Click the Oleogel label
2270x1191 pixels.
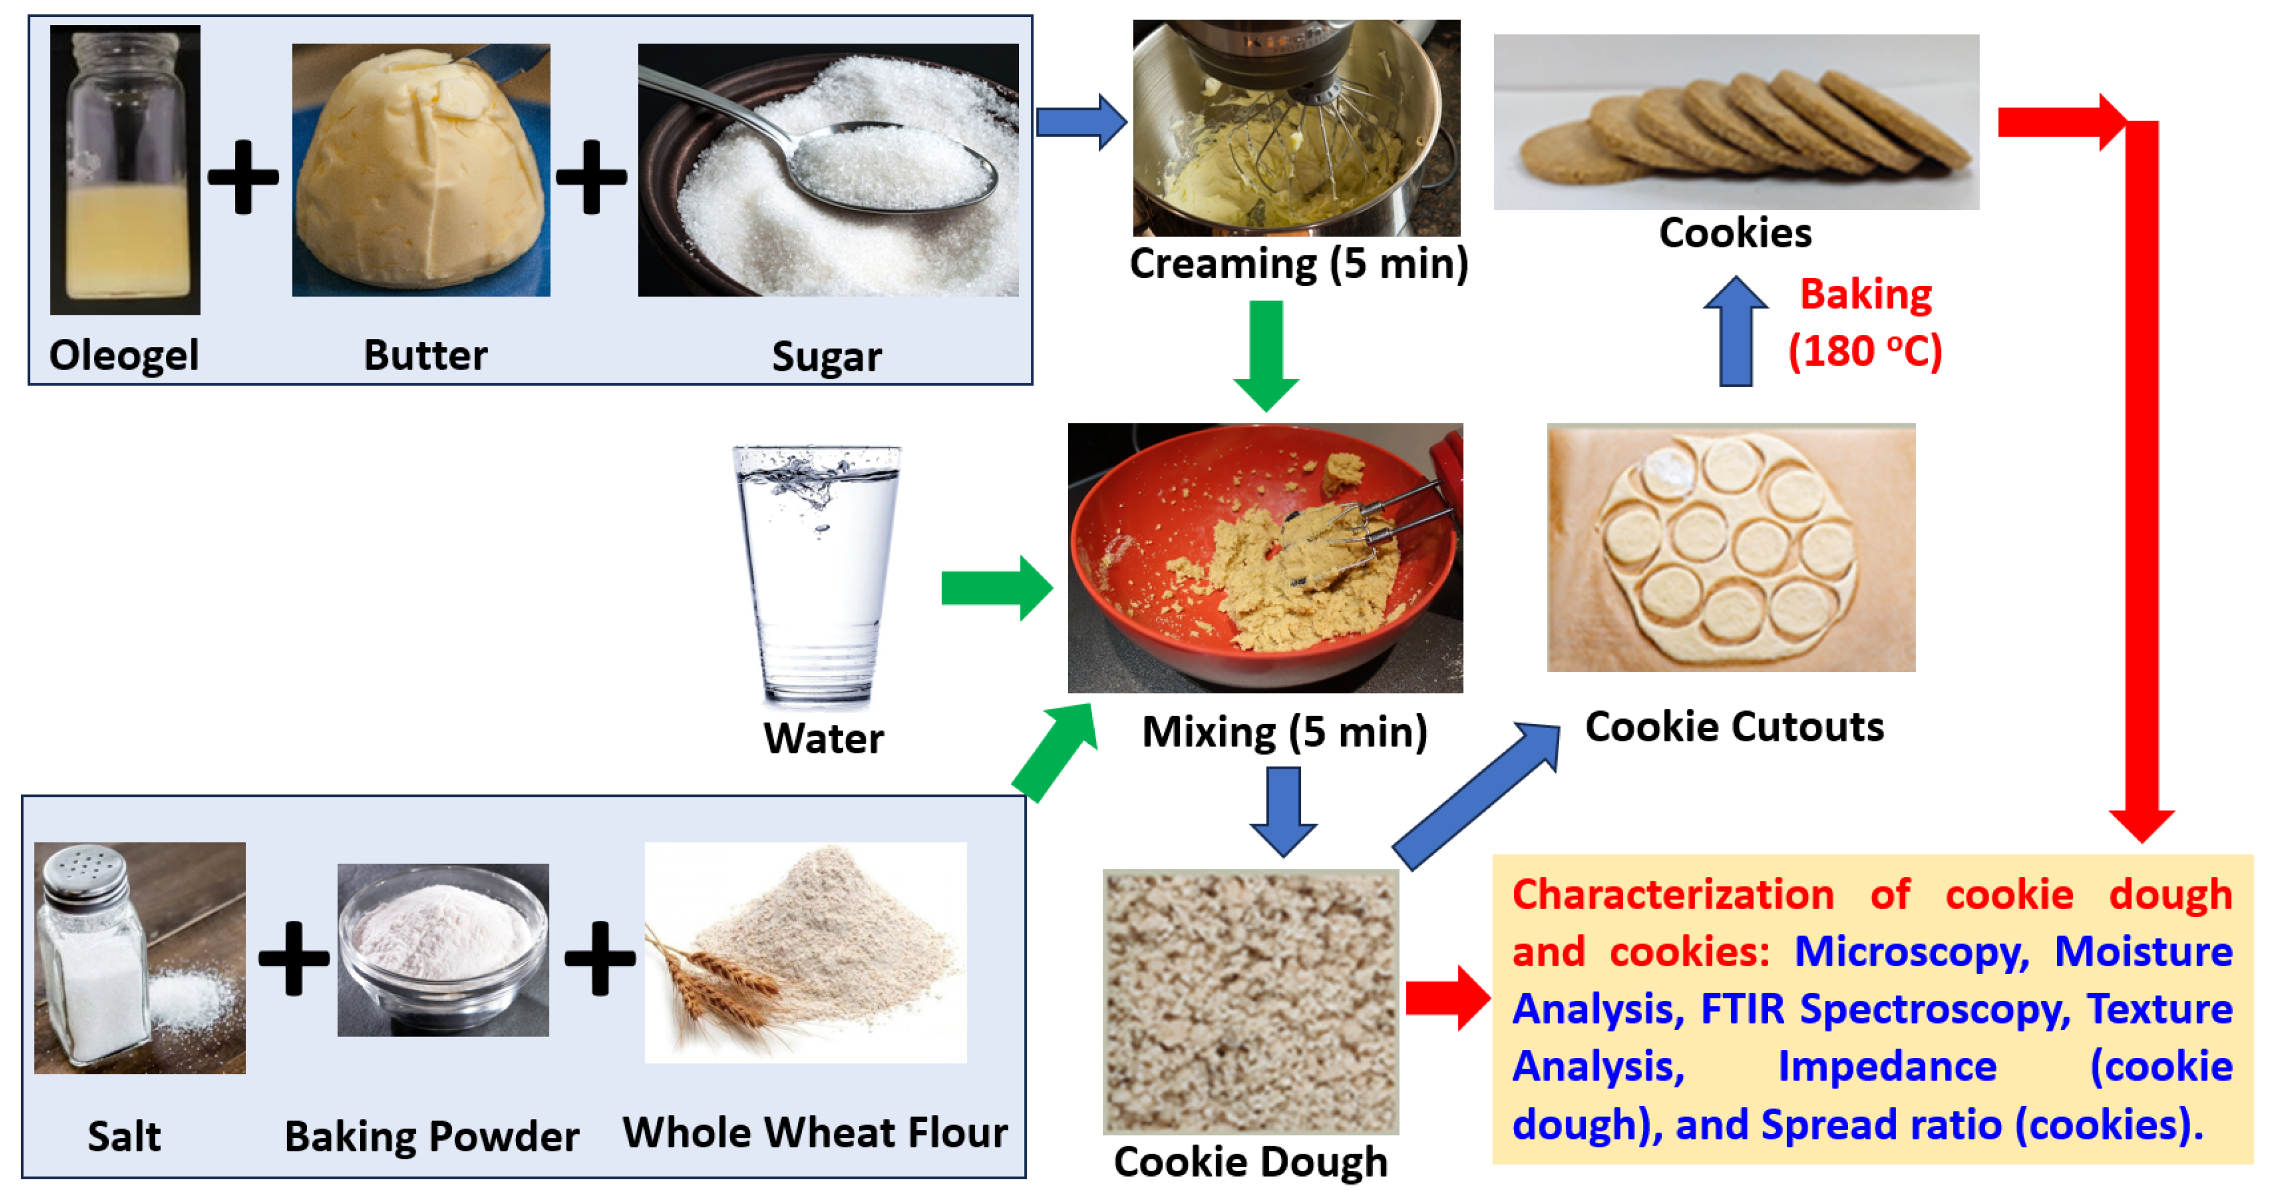click(124, 355)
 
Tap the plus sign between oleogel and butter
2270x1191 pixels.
click(243, 177)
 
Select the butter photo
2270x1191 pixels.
click(421, 170)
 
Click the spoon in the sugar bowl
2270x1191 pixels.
click(890, 168)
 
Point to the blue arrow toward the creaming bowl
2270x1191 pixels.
click(1081, 122)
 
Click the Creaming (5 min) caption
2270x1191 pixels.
click(1298, 263)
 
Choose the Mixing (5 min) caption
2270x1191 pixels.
click(1284, 731)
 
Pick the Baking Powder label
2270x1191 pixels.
click(432, 1137)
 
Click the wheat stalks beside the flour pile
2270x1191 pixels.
click(705, 987)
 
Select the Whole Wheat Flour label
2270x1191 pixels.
click(815, 1133)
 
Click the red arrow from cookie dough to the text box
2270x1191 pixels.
click(1446, 998)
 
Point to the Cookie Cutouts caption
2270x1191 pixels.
click(1733, 727)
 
